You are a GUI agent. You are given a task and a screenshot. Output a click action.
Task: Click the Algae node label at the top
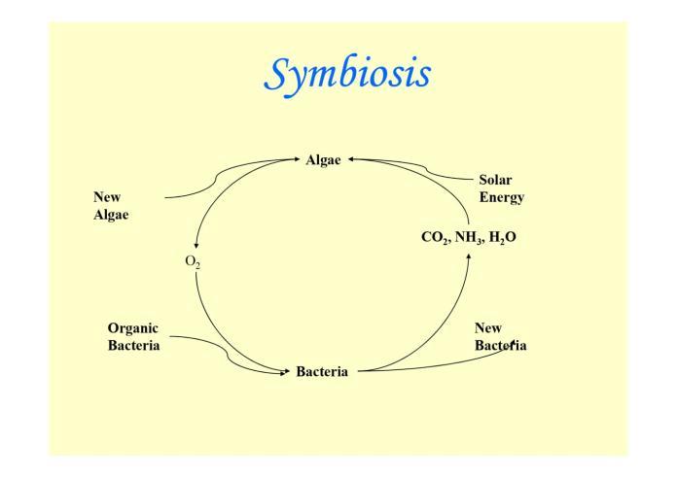[323, 160]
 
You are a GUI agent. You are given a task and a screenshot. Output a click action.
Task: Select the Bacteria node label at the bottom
[322, 372]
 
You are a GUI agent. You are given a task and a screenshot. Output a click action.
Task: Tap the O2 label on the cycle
[193, 261]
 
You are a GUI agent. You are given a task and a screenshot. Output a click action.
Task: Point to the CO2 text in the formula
[435, 237]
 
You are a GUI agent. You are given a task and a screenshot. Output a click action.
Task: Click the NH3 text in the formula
[469, 237]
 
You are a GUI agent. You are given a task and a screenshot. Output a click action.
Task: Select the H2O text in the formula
[502, 237]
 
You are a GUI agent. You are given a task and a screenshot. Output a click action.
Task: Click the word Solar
[495, 180]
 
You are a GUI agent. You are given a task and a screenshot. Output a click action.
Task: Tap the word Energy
[501, 196]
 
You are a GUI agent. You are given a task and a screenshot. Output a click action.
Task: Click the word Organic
[133, 328]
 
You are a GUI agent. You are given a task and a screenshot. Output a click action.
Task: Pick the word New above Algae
[107, 197]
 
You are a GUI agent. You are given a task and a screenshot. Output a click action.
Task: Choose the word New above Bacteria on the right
[488, 328]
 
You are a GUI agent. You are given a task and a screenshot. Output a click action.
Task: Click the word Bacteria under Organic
[134, 345]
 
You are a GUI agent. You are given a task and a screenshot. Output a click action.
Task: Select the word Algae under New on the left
[111, 214]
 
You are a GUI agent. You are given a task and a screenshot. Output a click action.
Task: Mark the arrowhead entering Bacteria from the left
[286, 370]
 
